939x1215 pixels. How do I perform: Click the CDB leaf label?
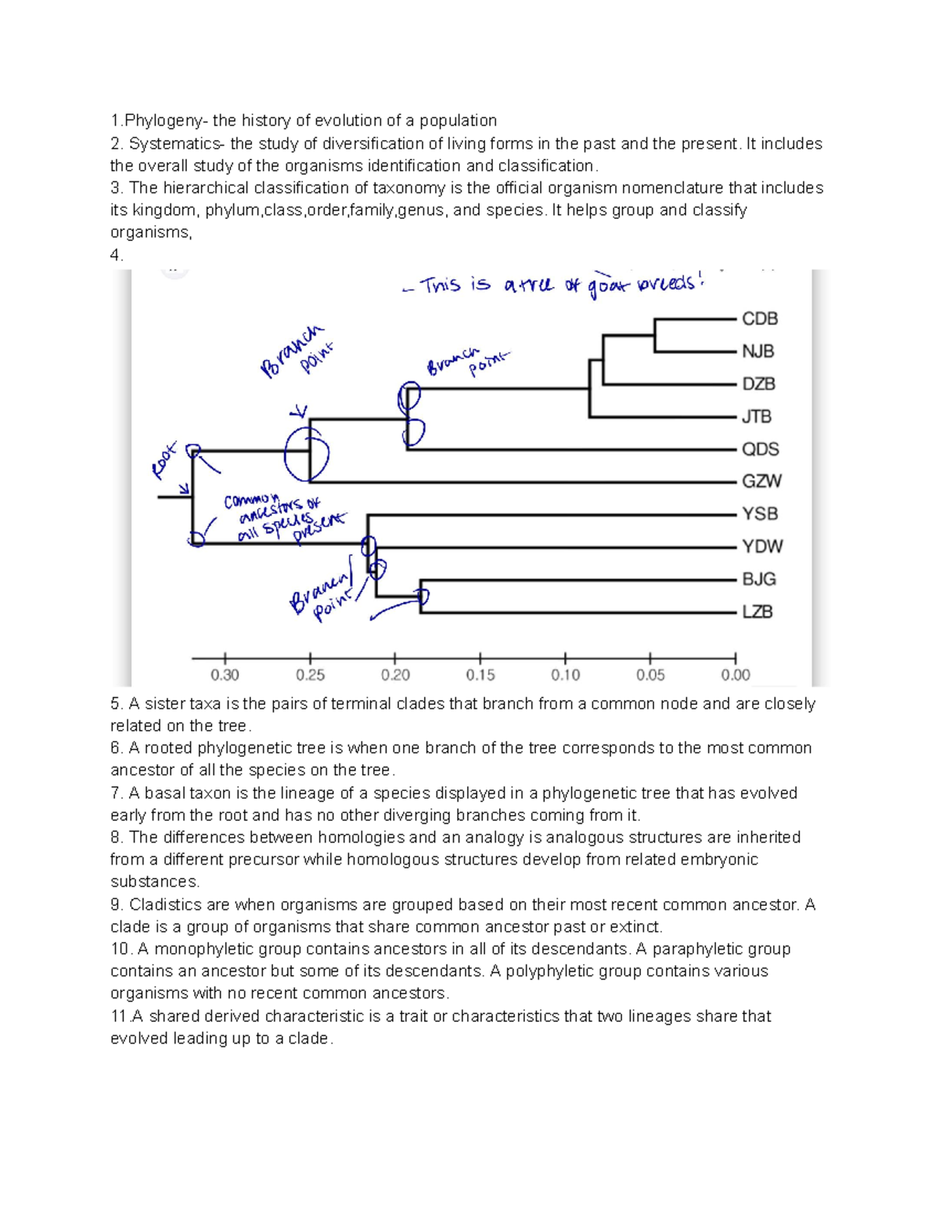(759, 319)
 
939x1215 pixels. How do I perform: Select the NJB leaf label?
(757, 351)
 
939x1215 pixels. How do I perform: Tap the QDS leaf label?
(760, 449)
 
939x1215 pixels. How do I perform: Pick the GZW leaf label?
(761, 481)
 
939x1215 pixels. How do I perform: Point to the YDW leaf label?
(761, 546)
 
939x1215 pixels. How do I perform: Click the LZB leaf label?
(757, 612)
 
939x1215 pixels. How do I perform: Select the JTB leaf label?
(756, 416)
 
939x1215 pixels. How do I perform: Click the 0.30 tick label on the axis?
(225, 675)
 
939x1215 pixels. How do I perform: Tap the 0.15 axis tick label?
(480, 675)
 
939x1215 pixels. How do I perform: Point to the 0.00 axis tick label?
(735, 675)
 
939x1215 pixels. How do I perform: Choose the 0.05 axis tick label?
(649, 675)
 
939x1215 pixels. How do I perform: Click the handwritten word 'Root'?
(165, 459)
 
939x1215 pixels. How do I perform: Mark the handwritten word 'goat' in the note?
(609, 286)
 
